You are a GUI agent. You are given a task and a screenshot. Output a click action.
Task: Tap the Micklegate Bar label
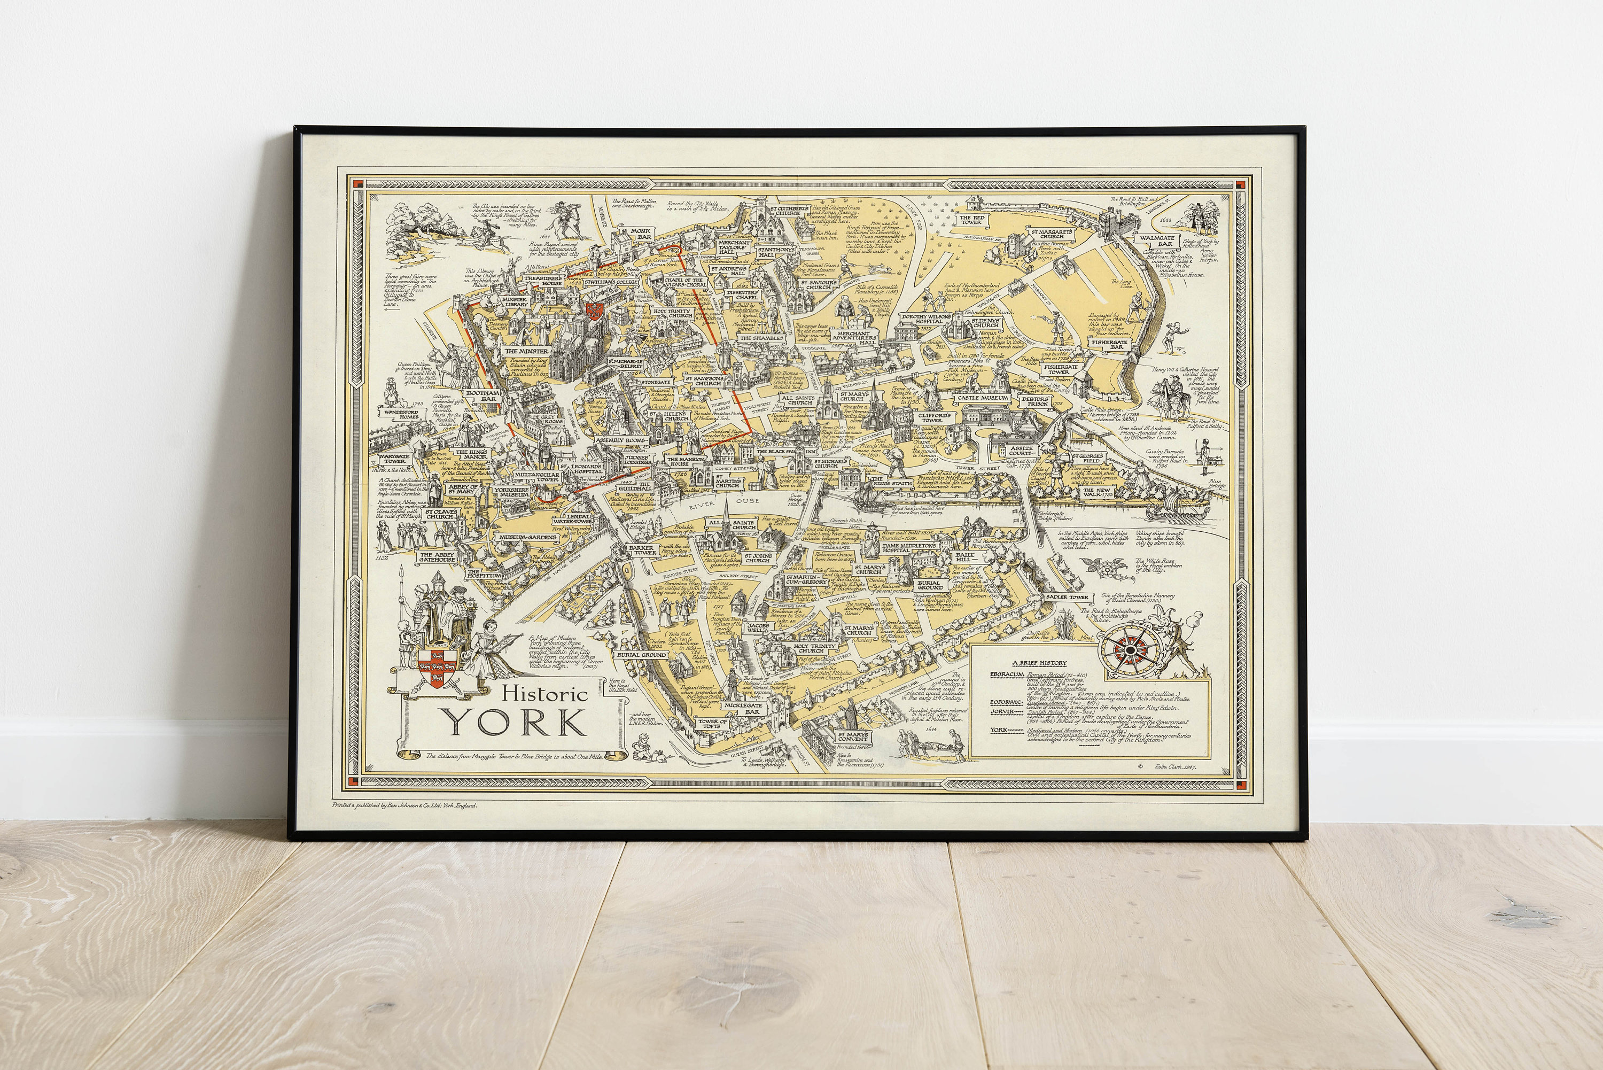(742, 707)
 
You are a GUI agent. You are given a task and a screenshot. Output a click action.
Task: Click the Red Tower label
(971, 220)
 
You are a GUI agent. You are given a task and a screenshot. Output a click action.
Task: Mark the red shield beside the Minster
(594, 310)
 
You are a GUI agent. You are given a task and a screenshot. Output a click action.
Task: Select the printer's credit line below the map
(404, 805)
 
